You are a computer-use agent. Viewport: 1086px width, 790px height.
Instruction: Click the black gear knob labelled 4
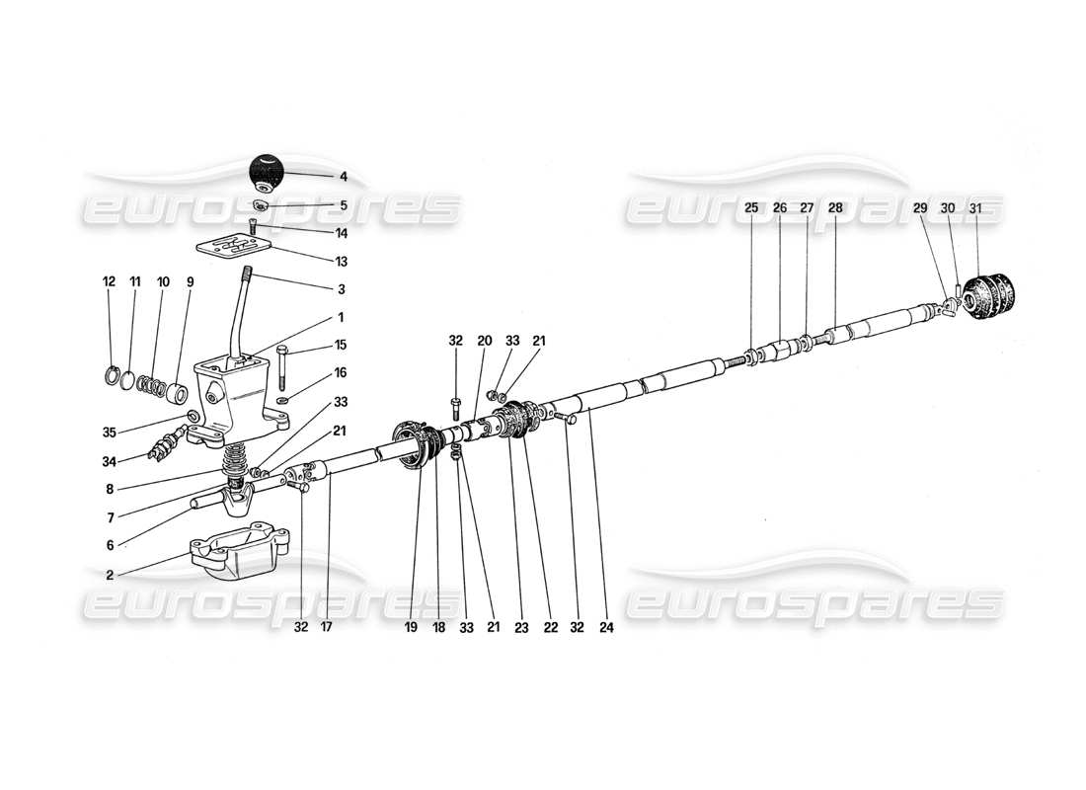(x=265, y=174)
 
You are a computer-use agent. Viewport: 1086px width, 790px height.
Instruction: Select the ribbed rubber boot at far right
(x=989, y=299)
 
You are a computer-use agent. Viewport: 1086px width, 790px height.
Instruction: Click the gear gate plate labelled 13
(x=248, y=246)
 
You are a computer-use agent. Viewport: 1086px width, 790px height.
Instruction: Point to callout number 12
(x=111, y=281)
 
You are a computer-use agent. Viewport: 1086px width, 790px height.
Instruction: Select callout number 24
(x=606, y=626)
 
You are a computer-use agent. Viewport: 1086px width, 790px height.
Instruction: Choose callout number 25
(x=751, y=208)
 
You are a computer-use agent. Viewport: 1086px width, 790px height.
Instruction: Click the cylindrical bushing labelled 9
(x=181, y=394)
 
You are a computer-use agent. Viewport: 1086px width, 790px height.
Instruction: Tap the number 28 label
(x=836, y=208)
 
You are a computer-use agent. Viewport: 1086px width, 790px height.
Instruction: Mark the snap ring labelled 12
(x=114, y=375)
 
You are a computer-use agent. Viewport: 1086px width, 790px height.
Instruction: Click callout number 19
(x=414, y=626)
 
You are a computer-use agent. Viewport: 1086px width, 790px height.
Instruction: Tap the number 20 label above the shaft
(x=484, y=341)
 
